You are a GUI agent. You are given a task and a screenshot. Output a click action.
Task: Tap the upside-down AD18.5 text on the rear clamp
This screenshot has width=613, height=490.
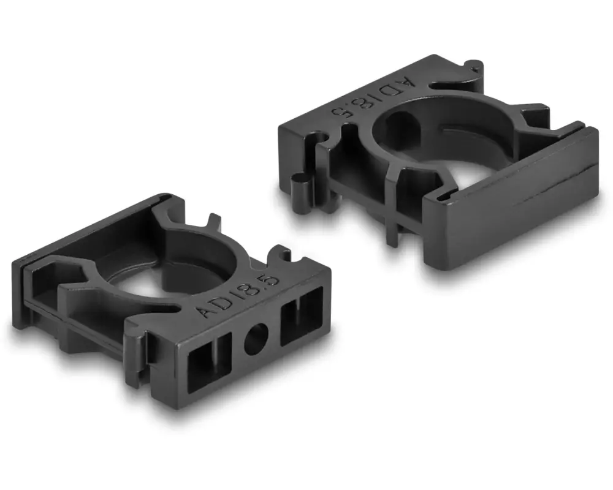(372, 96)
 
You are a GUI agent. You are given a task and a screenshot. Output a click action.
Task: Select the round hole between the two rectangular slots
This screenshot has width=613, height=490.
(256, 339)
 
